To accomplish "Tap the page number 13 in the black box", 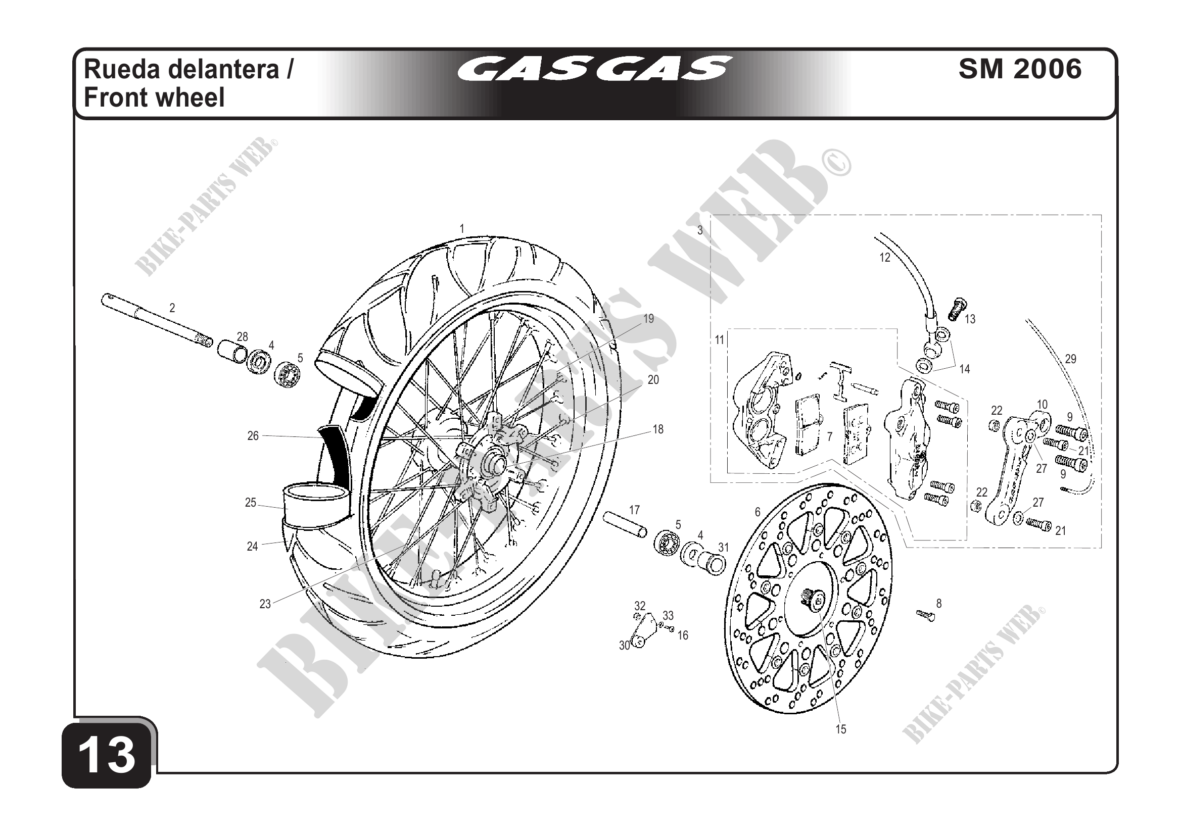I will [x=107, y=756].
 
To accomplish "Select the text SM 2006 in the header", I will [x=1020, y=69].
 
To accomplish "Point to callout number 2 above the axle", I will [x=172, y=308].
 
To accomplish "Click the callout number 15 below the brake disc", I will [x=840, y=729].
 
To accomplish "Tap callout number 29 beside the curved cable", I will [x=1070, y=359].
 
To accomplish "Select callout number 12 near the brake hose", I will [x=885, y=258].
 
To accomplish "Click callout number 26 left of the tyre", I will [x=253, y=436].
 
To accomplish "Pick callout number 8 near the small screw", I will [x=939, y=603].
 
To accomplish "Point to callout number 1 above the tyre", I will [x=462, y=229].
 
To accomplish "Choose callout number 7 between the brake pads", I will [x=829, y=436].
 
